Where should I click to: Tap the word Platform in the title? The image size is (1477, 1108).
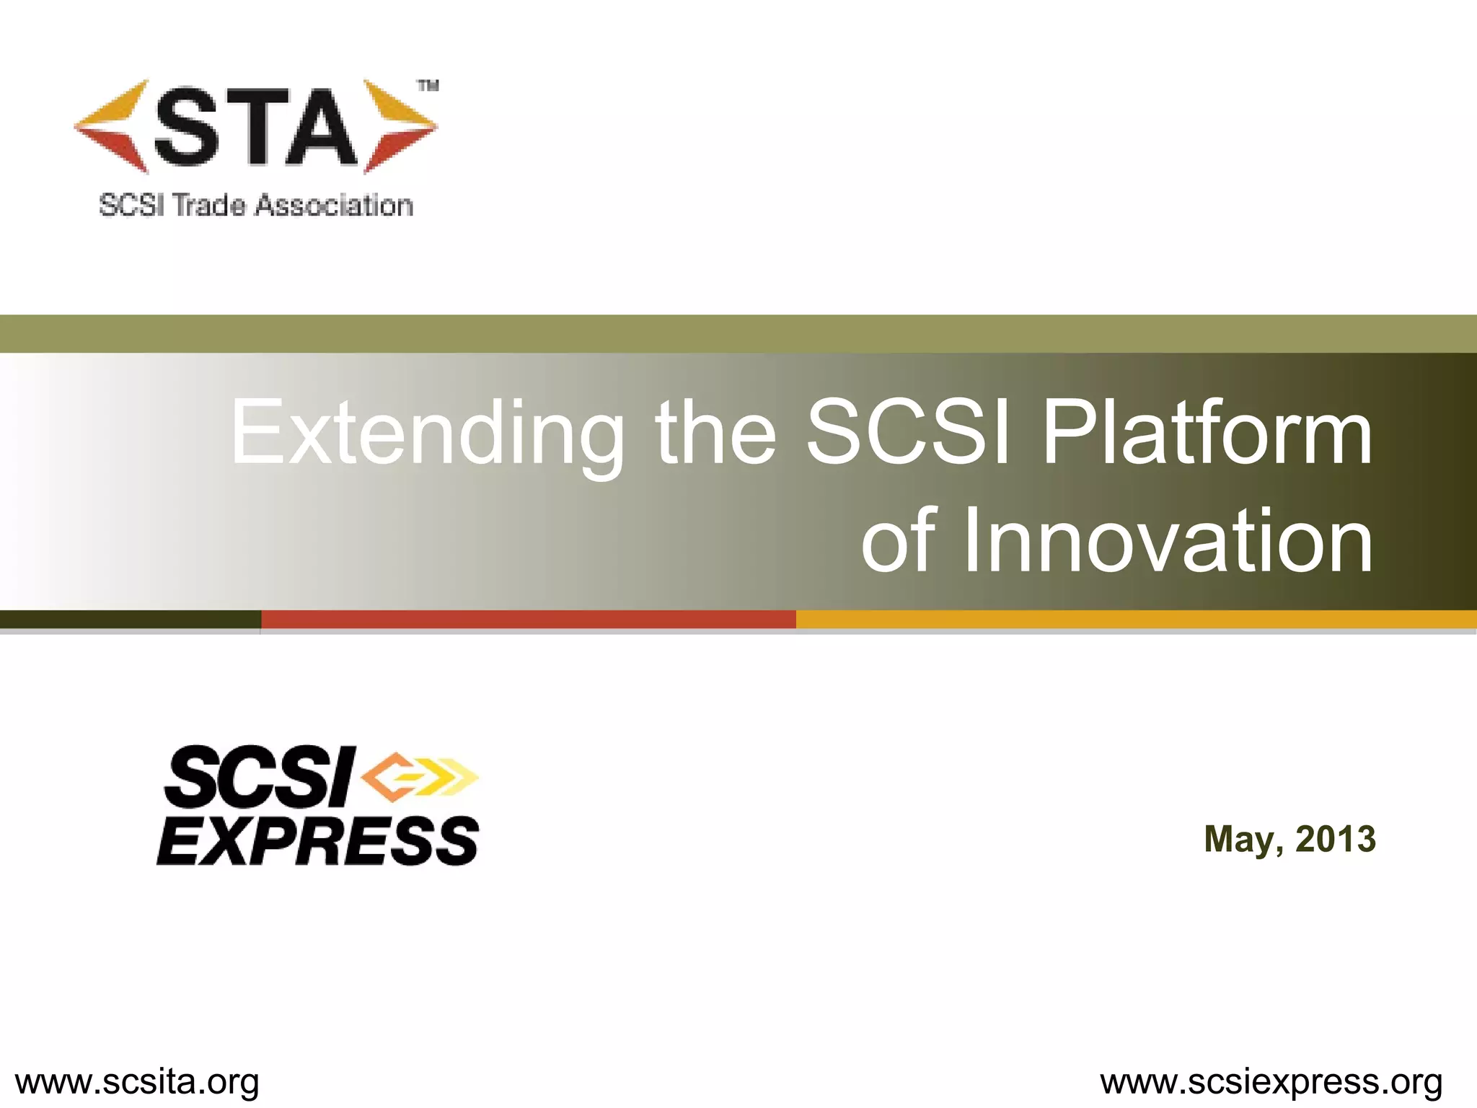pos(1206,433)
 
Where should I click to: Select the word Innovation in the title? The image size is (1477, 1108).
pos(1168,541)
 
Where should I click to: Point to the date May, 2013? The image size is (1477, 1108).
pos(1289,840)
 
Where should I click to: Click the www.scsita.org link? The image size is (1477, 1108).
pos(137,1082)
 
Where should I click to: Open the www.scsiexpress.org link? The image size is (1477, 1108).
pos(1271,1082)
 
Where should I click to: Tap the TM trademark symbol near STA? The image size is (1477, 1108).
pos(428,87)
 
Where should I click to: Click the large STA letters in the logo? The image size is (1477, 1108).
pos(256,128)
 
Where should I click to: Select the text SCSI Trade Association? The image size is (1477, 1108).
pos(256,206)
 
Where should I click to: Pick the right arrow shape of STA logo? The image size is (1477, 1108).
pos(398,126)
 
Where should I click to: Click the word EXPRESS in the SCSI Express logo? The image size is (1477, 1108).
pos(317,841)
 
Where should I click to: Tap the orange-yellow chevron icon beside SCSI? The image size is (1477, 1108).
pos(418,776)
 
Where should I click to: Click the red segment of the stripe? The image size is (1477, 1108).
pos(528,619)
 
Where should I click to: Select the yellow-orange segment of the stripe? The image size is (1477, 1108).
pos(1136,619)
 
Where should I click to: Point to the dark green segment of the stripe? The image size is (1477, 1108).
pos(130,619)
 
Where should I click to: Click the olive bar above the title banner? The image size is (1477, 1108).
pos(738,333)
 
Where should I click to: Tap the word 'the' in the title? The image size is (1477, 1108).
pos(715,433)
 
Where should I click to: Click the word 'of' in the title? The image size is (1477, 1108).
pos(898,541)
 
